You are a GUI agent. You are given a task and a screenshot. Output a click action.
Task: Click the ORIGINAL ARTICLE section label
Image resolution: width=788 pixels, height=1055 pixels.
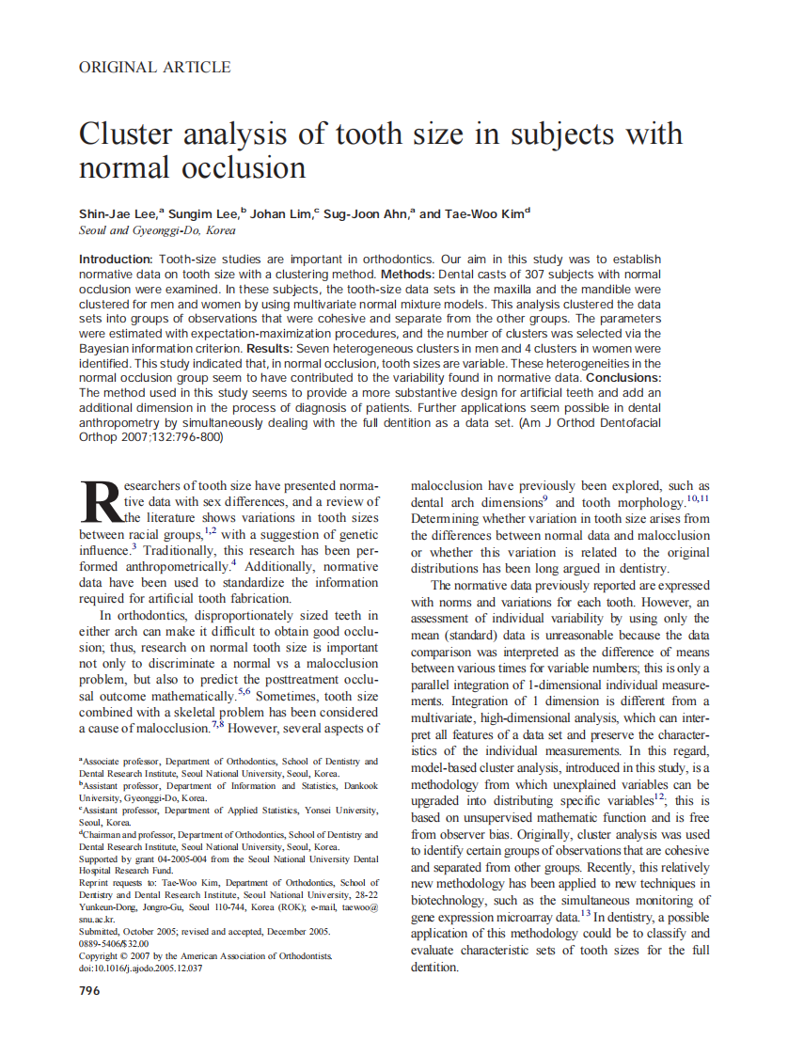tap(155, 67)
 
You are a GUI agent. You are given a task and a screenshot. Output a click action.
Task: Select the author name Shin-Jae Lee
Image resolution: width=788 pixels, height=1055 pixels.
tap(118, 214)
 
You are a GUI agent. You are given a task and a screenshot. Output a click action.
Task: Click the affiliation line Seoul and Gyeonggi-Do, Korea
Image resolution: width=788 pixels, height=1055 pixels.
tap(157, 230)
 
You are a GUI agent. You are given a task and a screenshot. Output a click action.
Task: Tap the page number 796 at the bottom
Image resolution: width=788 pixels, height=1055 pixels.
tap(89, 991)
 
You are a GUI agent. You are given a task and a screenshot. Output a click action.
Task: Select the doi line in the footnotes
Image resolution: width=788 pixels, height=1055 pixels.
tap(140, 968)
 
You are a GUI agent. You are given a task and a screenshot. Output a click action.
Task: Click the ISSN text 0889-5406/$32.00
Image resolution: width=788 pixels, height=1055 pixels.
tap(114, 943)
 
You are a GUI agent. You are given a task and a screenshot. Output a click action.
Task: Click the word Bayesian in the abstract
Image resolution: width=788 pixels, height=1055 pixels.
tap(108, 348)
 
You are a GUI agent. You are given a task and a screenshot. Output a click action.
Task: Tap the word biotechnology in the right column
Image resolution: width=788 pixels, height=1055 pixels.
tap(454, 900)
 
